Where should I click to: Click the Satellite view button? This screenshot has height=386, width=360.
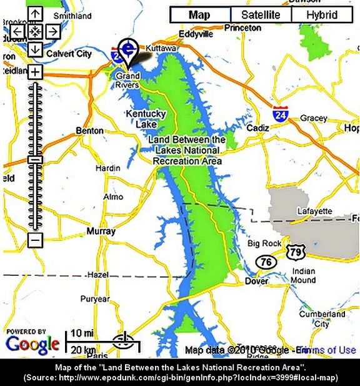coord(261,15)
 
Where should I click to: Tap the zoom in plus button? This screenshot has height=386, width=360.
coord(35,72)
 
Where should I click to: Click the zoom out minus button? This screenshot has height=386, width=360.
coord(35,239)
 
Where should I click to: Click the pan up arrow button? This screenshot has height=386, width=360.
coord(35,13)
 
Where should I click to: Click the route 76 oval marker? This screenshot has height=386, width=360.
coord(267,262)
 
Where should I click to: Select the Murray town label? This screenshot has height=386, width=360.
coord(101,231)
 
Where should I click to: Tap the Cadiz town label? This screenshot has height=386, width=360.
coord(257,128)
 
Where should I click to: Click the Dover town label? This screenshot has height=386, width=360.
coord(256,281)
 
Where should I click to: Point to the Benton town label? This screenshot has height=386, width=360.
coord(89,131)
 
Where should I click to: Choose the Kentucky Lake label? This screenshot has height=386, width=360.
coord(146,119)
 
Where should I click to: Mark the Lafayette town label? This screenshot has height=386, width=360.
coord(314,211)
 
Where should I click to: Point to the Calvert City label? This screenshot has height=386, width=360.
coord(69,54)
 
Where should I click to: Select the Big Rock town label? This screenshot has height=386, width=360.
coord(264,243)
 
